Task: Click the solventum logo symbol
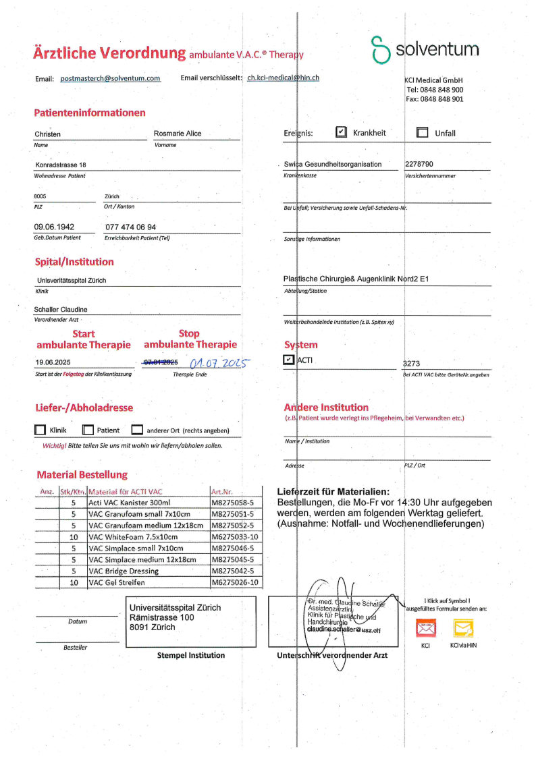[381, 50]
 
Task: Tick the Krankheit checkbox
[341, 133]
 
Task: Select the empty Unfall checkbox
[423, 133]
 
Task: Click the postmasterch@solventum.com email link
[110, 78]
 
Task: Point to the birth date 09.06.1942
[54, 227]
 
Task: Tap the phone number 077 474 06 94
[131, 227]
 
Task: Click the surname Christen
[48, 134]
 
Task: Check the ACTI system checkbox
[290, 360]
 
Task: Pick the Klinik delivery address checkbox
[40, 430]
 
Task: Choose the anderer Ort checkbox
[137, 430]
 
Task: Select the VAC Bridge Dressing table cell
[149, 571]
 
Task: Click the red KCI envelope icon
[426, 628]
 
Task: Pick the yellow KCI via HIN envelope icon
[463, 628]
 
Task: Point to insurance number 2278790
[419, 164]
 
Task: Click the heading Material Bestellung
[82, 474]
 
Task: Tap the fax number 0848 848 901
[434, 99]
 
